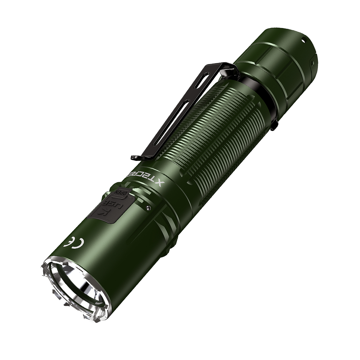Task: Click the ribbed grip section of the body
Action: coord(216,130)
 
